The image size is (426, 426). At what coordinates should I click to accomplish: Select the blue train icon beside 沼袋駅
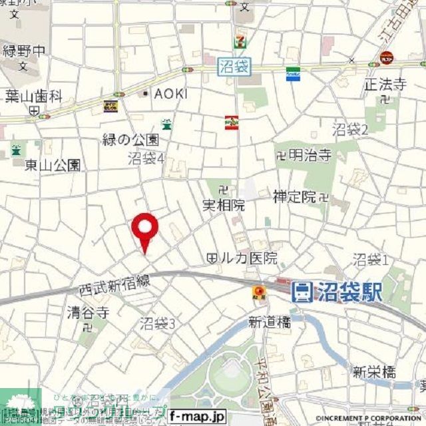[x=302, y=291]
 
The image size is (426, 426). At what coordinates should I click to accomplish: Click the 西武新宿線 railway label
[x=111, y=288]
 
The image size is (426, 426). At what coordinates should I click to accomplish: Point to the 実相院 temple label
[x=224, y=206]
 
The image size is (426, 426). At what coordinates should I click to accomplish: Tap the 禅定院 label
[x=294, y=196]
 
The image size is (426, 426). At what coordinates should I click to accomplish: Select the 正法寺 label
[x=385, y=85]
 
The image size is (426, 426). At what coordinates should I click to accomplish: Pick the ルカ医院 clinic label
[x=248, y=258]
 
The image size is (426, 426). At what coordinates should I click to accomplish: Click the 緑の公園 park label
[x=131, y=140]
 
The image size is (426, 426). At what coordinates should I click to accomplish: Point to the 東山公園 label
[x=53, y=164]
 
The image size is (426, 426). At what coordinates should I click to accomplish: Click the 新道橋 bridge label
[x=270, y=321]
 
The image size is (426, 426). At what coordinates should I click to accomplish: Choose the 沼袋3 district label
[x=157, y=324]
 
